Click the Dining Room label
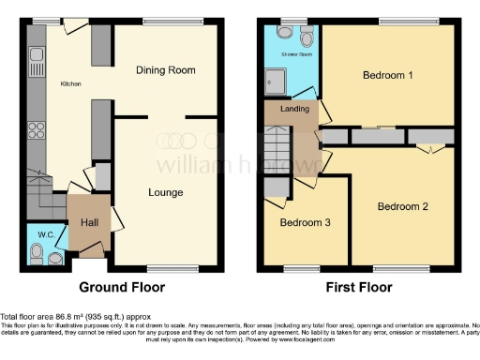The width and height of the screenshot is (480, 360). [165, 70]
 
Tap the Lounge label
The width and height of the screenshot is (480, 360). [165, 193]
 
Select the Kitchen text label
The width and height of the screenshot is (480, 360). [71, 84]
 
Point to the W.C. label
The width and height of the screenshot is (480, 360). [45, 232]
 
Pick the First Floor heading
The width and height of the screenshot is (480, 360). [360, 287]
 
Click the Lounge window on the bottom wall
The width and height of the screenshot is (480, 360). [165, 267]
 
